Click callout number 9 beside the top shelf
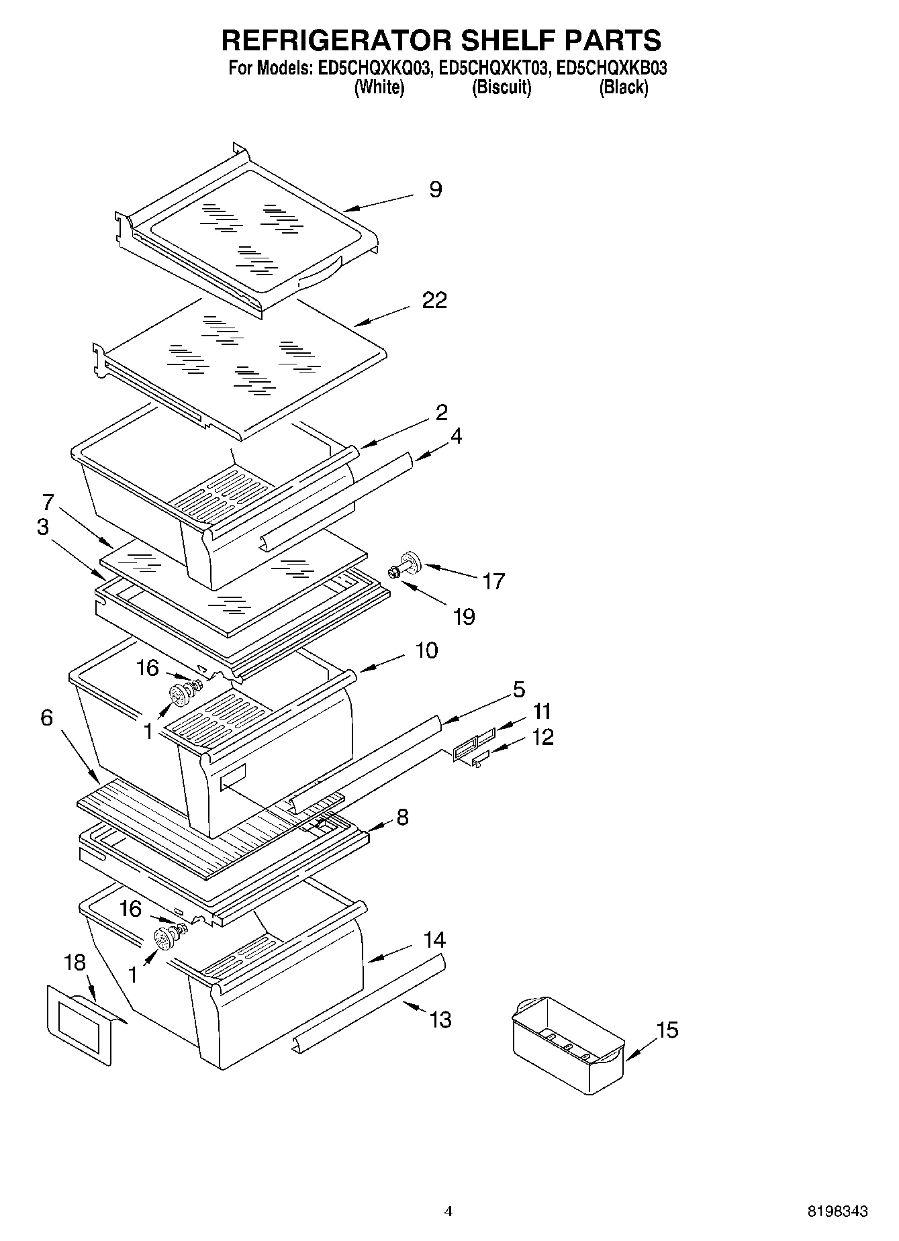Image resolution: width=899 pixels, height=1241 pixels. (x=436, y=190)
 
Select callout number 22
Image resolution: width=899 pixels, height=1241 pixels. (x=434, y=300)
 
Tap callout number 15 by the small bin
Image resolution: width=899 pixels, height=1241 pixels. (x=667, y=1030)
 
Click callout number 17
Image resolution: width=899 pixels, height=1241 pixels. (x=493, y=581)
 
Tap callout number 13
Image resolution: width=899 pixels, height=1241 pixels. (x=440, y=1020)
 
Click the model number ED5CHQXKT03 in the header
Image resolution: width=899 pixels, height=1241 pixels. (x=494, y=68)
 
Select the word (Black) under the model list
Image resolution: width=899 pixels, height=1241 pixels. (x=623, y=88)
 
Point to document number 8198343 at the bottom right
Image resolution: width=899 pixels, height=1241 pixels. (x=837, y=1211)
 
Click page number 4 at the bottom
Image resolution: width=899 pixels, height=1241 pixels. (x=448, y=1211)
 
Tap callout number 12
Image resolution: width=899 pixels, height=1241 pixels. (x=542, y=737)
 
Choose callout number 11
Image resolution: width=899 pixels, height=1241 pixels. (x=542, y=711)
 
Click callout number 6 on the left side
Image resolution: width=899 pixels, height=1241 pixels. (x=46, y=718)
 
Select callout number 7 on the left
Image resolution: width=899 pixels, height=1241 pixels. (x=47, y=502)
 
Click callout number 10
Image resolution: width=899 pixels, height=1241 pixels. (x=426, y=650)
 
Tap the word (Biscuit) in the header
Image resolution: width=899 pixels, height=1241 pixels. (x=502, y=88)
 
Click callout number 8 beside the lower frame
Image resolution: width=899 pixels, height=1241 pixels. (x=402, y=817)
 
